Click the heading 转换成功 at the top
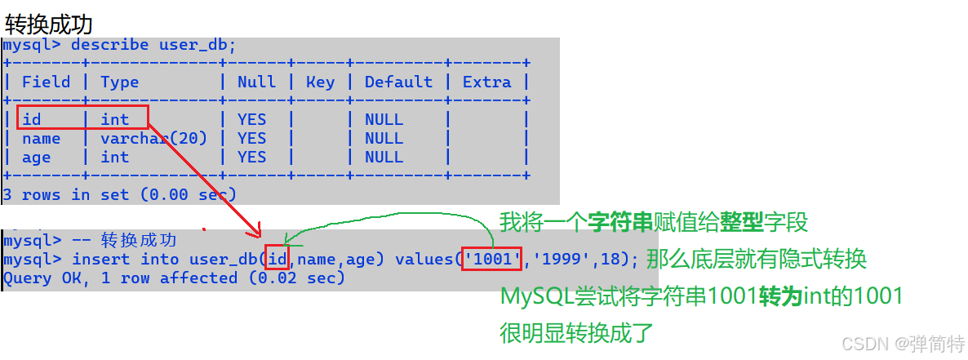(49, 23)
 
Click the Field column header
(46, 82)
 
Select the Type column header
(120, 82)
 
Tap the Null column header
(256, 82)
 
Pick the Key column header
(320, 82)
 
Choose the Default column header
(398, 82)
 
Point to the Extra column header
(486, 82)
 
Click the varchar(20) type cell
(153, 138)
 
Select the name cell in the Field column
(41, 138)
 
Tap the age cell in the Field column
(36, 158)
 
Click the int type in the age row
(115, 158)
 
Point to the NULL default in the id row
(384, 119)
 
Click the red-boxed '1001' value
(492, 260)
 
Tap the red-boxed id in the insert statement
(278, 260)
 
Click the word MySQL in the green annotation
(533, 296)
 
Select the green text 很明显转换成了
(576, 333)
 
